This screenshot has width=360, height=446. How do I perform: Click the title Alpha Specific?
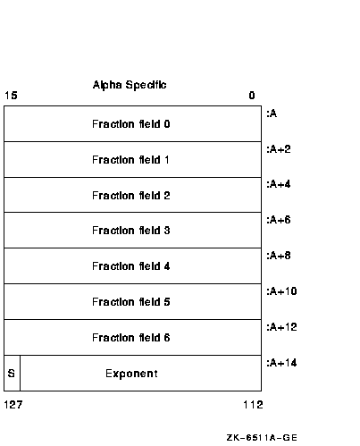click(130, 85)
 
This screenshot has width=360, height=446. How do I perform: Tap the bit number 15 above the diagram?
click(11, 96)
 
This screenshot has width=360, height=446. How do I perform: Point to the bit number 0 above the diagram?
click(252, 96)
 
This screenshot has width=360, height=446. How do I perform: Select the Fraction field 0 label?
click(131, 124)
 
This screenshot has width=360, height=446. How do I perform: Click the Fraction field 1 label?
click(130, 160)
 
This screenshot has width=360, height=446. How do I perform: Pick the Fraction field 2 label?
click(131, 196)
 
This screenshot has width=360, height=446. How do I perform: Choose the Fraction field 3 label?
click(131, 231)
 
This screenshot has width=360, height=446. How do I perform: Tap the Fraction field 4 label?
click(131, 266)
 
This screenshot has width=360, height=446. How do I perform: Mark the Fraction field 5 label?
click(131, 302)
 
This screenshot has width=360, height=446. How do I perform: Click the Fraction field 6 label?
click(131, 338)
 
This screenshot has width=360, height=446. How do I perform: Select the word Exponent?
click(131, 374)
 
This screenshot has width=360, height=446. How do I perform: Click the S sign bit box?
click(12, 373)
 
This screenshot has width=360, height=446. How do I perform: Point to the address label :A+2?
click(279, 149)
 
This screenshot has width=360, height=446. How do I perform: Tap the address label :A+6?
click(279, 220)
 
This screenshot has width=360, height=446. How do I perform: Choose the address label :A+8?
click(279, 256)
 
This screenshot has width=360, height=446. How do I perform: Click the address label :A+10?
click(281, 291)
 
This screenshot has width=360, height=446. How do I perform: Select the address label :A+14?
click(281, 363)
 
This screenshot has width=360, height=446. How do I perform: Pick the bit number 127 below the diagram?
click(13, 405)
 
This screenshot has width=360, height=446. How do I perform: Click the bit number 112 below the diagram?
click(253, 405)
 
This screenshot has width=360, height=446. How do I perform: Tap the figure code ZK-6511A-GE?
click(262, 438)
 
